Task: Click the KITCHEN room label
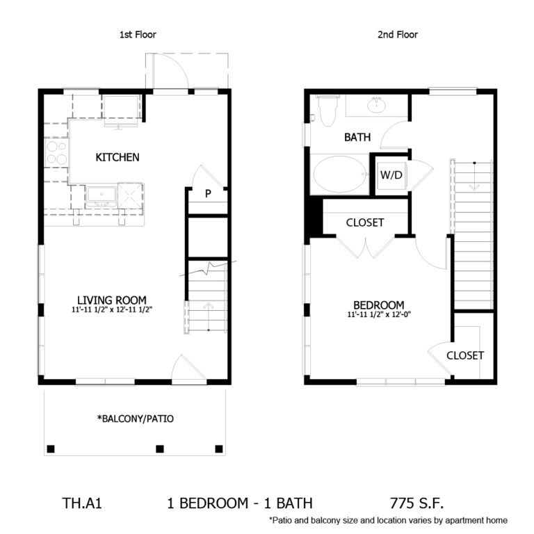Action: point(118,157)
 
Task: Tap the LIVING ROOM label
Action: point(112,300)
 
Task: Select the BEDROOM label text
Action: point(379,305)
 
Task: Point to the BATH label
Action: point(357,137)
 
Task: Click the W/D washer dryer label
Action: point(391,175)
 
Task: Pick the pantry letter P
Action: point(208,193)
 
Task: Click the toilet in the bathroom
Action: point(327,111)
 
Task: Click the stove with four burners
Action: point(56,152)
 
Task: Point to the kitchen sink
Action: point(102,196)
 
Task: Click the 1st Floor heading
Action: point(138,34)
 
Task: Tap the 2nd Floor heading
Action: point(398,34)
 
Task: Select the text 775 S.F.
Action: point(417,503)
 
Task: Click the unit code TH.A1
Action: point(82,503)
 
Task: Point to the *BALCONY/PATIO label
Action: point(136,419)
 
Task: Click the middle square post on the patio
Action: point(160,449)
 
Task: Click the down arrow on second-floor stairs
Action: point(474,176)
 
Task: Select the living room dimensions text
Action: point(112,310)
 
